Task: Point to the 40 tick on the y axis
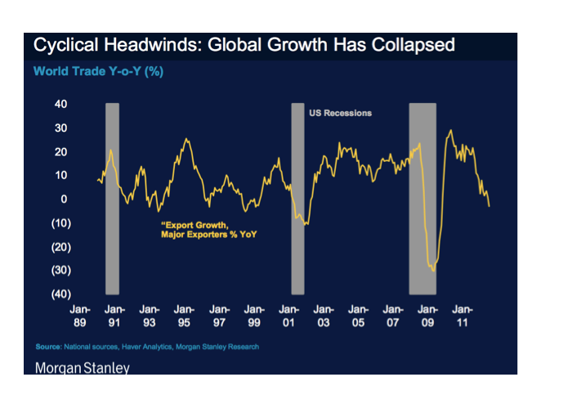[60, 104]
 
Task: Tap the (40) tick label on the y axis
[60, 294]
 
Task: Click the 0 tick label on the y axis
[63, 199]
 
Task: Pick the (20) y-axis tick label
[60, 247]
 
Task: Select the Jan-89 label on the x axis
[79, 316]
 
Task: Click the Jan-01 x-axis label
[288, 316]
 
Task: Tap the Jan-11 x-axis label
[463, 316]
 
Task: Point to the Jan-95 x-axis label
[184, 316]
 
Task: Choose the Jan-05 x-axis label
[358, 316]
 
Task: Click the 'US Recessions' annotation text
[339, 113]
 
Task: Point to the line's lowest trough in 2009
[432, 271]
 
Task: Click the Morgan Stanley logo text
[82, 368]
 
